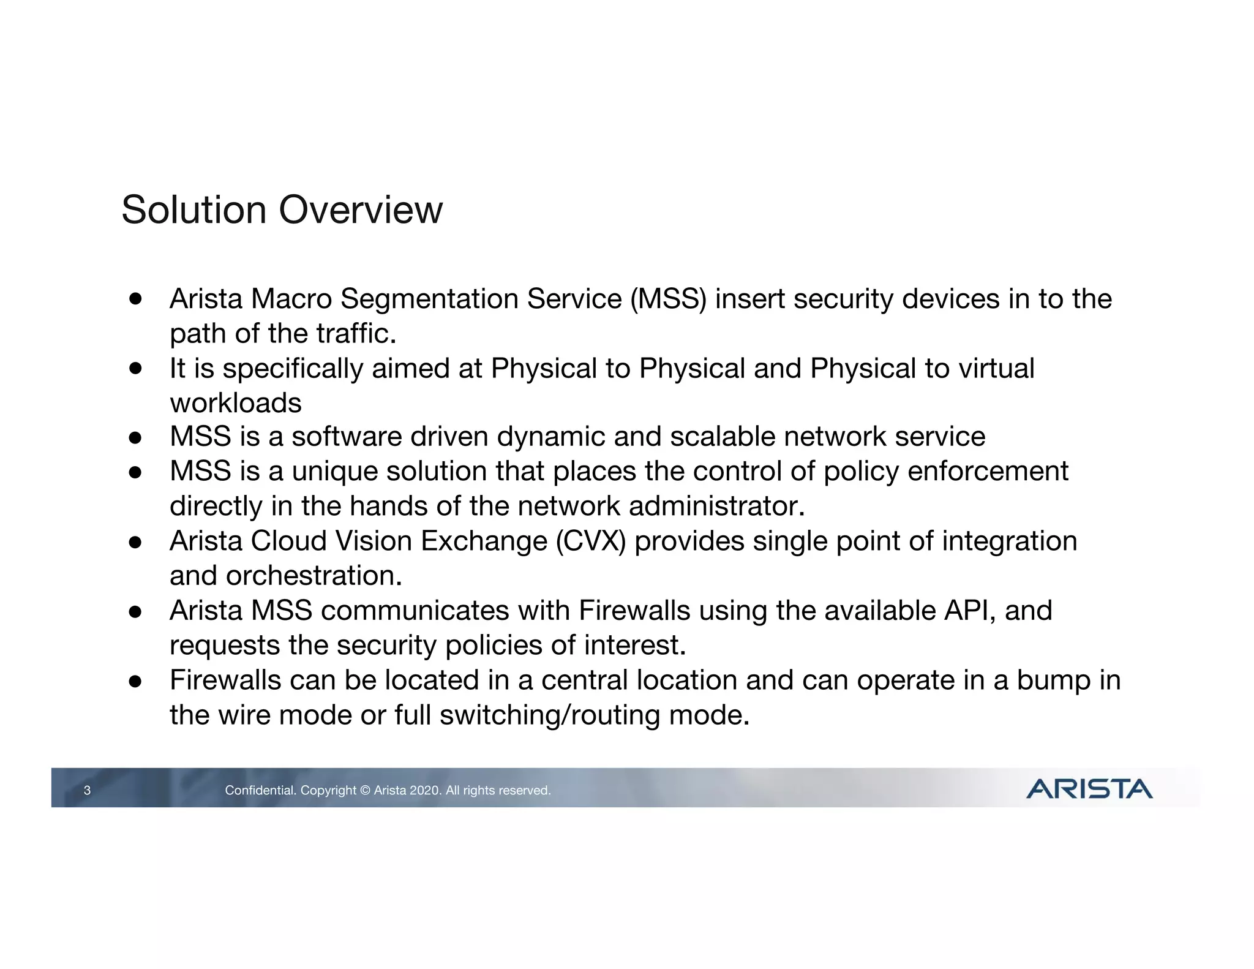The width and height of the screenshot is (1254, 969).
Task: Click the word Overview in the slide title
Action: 361,210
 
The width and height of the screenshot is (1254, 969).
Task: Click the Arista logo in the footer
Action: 1089,789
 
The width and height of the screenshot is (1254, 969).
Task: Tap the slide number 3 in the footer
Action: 87,790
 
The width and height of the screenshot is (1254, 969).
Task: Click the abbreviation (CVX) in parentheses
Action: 591,541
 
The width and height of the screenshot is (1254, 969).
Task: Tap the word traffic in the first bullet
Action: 356,334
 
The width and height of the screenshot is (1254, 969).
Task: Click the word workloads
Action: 236,403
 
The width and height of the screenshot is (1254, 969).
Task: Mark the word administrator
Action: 716,507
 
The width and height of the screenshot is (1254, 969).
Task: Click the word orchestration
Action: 313,576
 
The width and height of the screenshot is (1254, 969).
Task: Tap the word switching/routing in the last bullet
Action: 550,715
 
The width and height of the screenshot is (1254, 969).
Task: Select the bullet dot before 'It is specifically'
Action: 135,368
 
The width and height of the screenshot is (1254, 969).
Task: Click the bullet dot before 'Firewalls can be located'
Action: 135,681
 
